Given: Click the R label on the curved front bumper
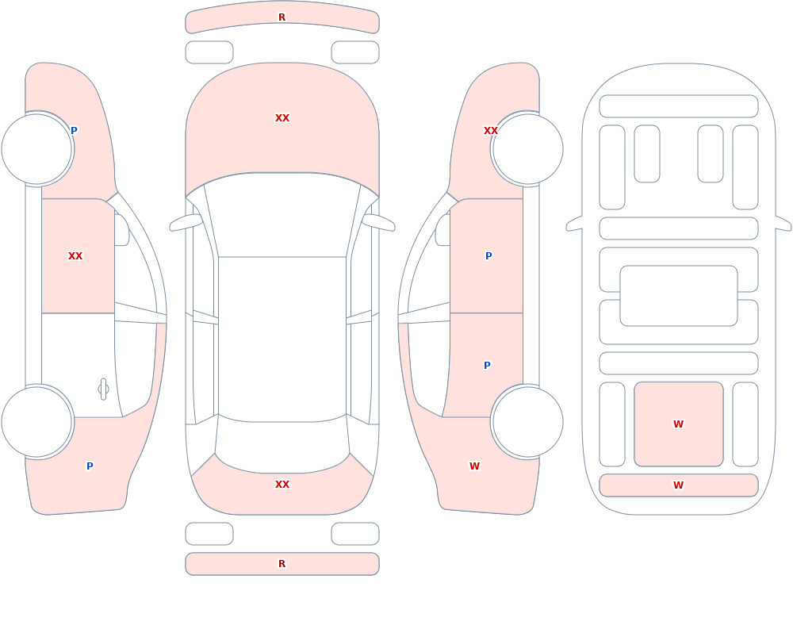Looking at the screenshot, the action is [x=282, y=17].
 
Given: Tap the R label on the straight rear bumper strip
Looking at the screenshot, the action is [x=282, y=564].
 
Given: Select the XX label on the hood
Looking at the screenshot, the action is [x=282, y=118].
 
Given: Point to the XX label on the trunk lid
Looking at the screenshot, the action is [x=282, y=485].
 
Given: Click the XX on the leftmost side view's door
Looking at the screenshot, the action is [x=75, y=256].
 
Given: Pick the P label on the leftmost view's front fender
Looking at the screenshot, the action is [x=74, y=131].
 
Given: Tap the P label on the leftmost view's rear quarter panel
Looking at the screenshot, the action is [x=90, y=466].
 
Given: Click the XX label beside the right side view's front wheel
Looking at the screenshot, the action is [x=491, y=131].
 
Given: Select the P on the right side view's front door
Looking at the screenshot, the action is [x=488, y=256].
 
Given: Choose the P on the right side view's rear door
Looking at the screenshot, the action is [x=487, y=366].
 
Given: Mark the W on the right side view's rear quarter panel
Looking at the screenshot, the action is [x=474, y=466].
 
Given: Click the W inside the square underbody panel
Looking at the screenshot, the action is [x=678, y=424].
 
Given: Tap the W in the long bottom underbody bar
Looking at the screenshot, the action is [x=678, y=485].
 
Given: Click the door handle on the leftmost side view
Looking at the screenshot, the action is [x=103, y=389].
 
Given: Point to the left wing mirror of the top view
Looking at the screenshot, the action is [x=186, y=223].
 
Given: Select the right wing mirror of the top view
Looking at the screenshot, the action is [x=378, y=223].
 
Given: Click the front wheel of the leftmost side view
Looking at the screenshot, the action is [x=37, y=149].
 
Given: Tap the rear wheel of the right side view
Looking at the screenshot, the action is [x=527, y=421].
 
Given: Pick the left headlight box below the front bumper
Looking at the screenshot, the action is [x=209, y=52].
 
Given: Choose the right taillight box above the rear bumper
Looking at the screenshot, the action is [x=355, y=534].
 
